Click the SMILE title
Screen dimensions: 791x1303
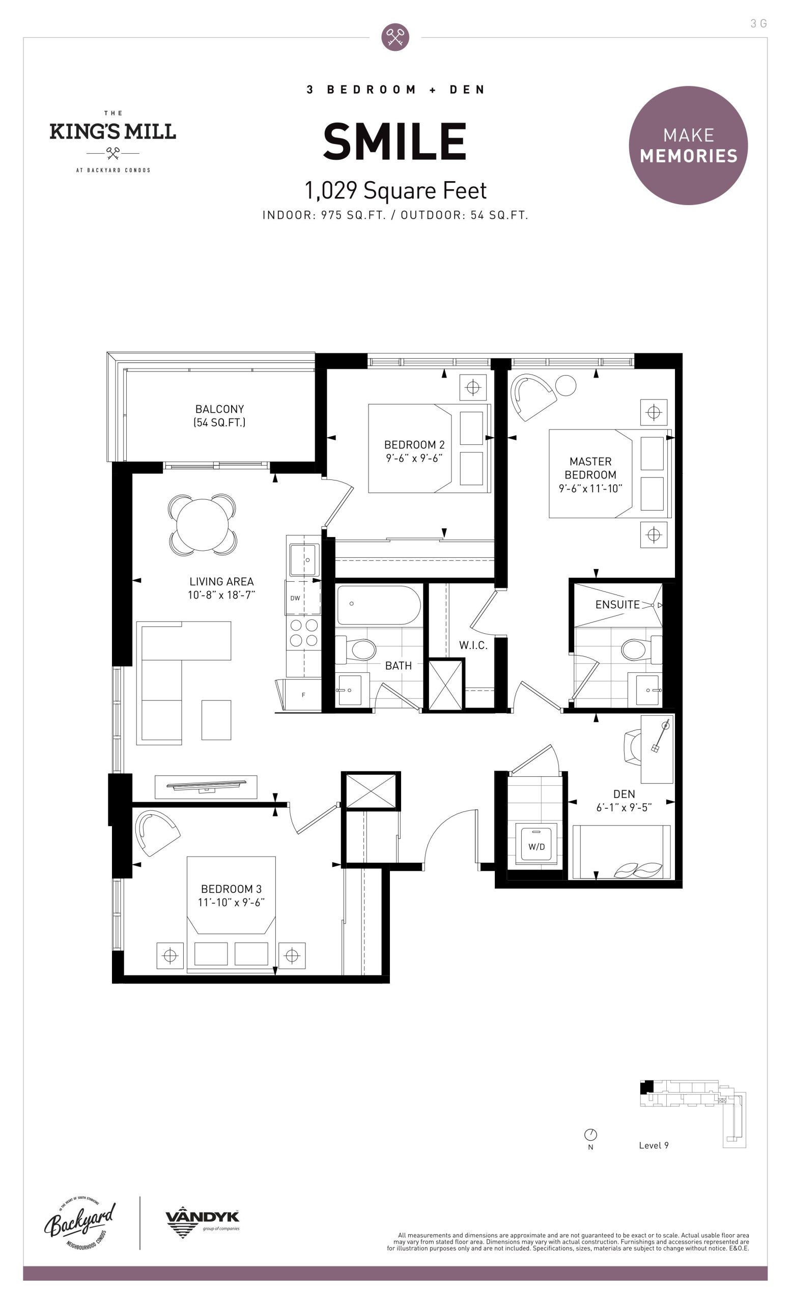pyautogui.click(x=394, y=141)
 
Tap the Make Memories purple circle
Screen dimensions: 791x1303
pyautogui.click(x=688, y=146)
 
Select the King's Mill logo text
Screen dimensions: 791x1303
pyautogui.click(x=112, y=131)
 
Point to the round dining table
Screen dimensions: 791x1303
pyautogui.click(x=203, y=525)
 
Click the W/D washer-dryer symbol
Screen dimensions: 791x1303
pyautogui.click(x=536, y=846)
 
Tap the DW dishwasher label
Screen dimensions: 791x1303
pyautogui.click(x=295, y=598)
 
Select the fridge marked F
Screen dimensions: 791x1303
pyautogui.click(x=301, y=695)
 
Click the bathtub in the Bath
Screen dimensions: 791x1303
pyautogui.click(x=379, y=606)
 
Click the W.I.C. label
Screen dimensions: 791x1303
pyautogui.click(x=473, y=645)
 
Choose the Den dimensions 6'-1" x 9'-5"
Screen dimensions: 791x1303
pyautogui.click(x=624, y=807)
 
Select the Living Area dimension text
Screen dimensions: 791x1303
pyautogui.click(x=221, y=595)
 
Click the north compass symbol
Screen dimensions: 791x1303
pyautogui.click(x=590, y=1135)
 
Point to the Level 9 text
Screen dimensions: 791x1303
pyautogui.click(x=654, y=1145)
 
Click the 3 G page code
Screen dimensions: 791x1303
pyautogui.click(x=758, y=23)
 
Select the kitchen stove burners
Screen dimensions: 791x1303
pyautogui.click(x=303, y=633)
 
